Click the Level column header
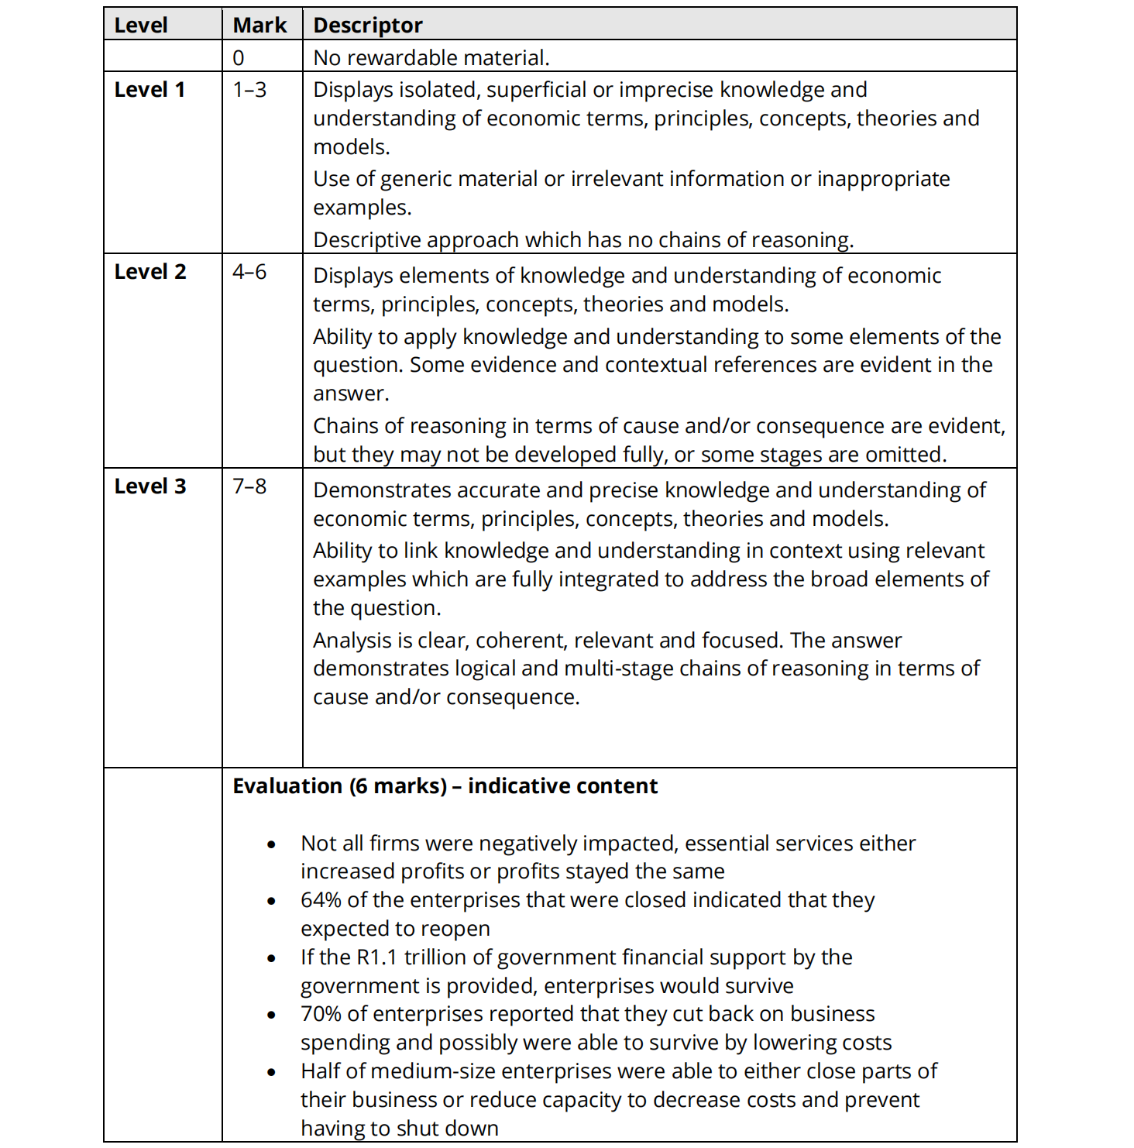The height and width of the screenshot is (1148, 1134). pos(140,26)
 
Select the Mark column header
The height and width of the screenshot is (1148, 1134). pos(259,26)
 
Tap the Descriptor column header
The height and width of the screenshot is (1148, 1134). pos(367,26)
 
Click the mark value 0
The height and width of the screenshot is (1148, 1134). pos(239,58)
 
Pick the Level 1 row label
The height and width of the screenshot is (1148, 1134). pos(149,90)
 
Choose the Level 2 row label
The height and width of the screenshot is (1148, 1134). pos(150,272)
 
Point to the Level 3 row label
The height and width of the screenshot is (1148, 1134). pos(150,486)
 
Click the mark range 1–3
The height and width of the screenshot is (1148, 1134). pos(249,90)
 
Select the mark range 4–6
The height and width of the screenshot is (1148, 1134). pos(249,272)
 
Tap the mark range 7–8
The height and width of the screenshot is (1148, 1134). pos(249,486)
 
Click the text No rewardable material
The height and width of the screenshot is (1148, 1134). pos(431,58)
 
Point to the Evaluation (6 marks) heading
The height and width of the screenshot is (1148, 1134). pos(445,786)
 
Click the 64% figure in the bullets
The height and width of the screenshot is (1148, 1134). pos(321,900)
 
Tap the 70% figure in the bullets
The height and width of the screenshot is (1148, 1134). pos(321,1014)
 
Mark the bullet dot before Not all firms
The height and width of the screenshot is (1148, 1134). pos(271,845)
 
